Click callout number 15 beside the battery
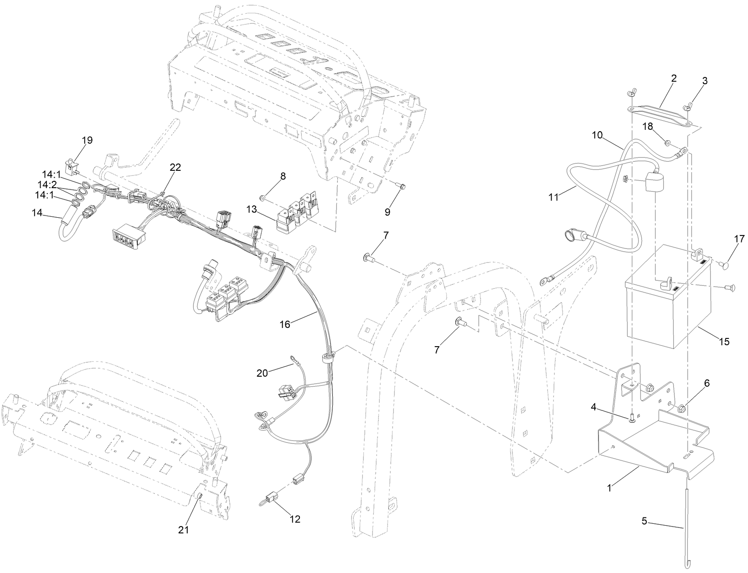(x=724, y=341)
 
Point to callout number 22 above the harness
(x=175, y=167)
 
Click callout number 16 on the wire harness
(x=285, y=324)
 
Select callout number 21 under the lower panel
(x=183, y=530)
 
